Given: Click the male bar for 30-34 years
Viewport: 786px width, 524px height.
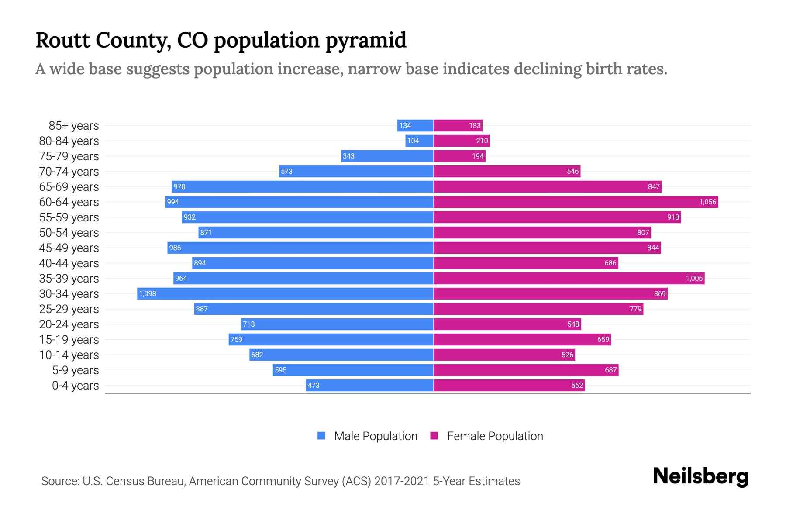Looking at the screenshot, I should pos(285,293).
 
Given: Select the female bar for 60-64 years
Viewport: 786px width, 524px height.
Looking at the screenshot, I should pos(576,202).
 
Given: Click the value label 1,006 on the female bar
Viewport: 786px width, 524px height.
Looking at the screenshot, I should pos(694,278).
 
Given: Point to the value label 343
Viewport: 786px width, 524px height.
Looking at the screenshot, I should pos(348,156).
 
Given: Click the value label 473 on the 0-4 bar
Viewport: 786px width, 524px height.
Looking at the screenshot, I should pos(314,385).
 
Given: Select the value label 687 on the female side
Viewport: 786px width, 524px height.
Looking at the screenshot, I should pos(610,370).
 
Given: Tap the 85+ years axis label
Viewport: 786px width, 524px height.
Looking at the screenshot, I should pos(73,126).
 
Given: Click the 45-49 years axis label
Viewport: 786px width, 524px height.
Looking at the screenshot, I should pos(69,248).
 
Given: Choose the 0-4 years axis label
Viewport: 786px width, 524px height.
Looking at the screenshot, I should pos(75,386).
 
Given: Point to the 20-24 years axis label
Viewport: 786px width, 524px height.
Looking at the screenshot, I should pos(69,324).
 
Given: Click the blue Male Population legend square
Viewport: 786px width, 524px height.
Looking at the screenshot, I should pos(321,436).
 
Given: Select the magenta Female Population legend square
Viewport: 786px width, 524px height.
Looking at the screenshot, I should pos(434,436).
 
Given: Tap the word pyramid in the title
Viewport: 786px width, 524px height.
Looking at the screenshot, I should pos(366,41).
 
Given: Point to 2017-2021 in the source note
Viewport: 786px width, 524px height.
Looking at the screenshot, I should pos(401,481).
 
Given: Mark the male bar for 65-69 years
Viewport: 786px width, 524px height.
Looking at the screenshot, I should pos(302,186).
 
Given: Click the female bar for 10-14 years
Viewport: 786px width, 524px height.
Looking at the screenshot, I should pos(504,355).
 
